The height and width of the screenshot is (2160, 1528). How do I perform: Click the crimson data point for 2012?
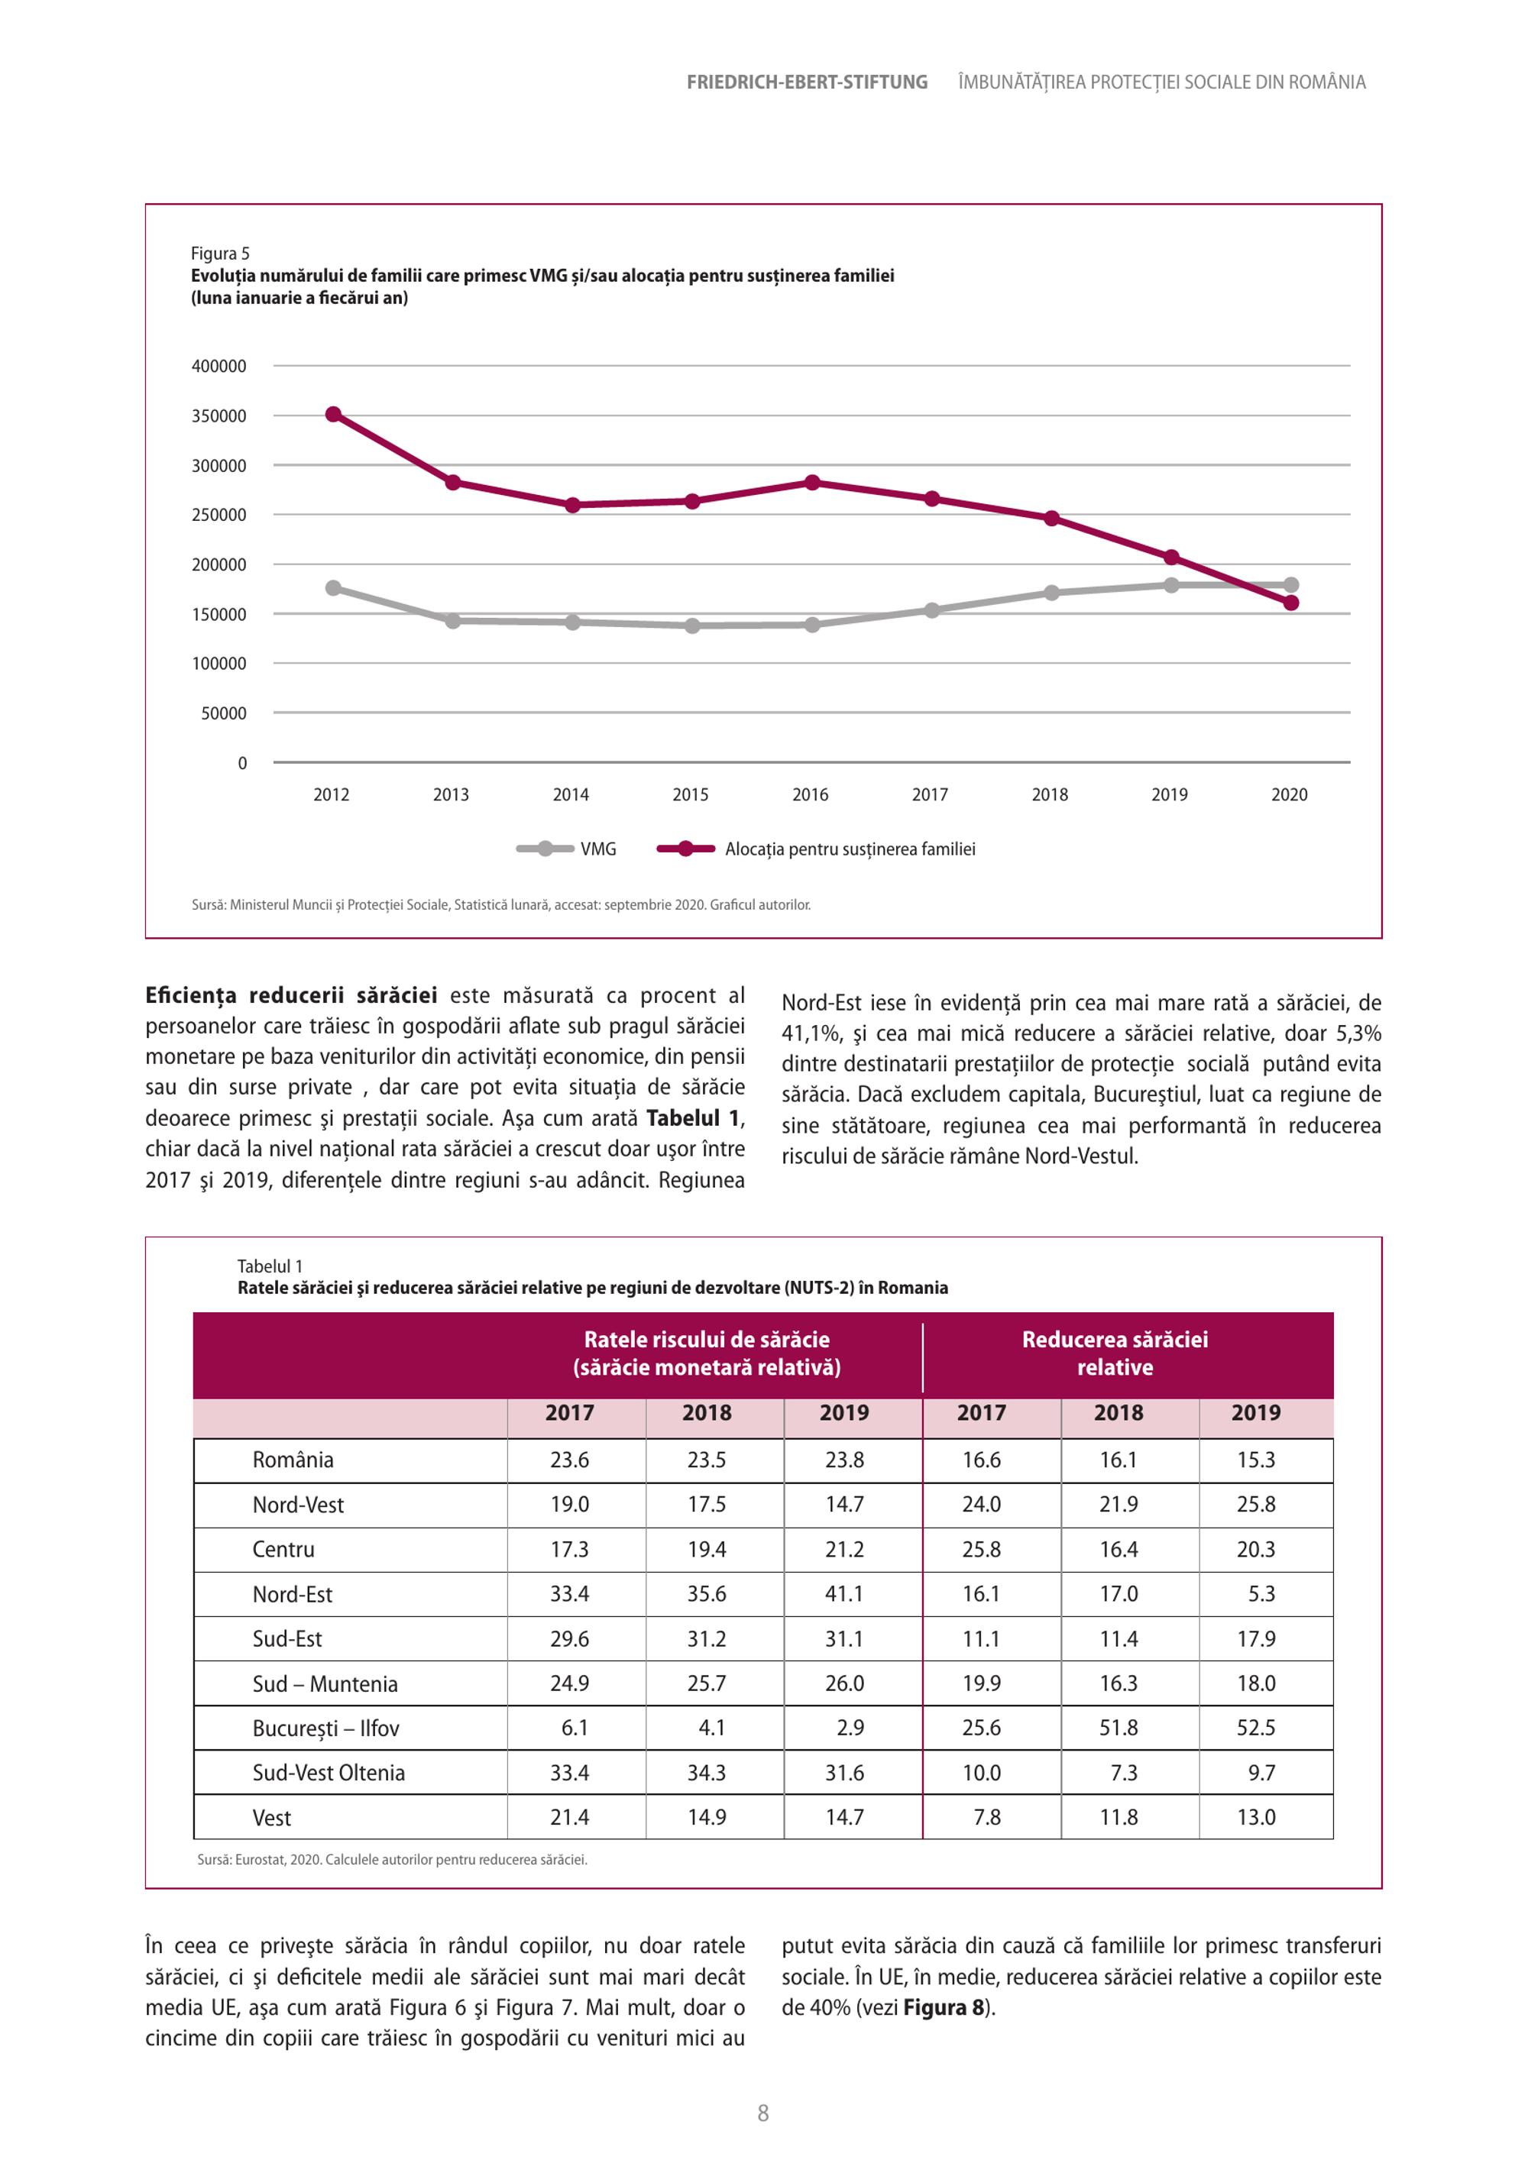[333, 414]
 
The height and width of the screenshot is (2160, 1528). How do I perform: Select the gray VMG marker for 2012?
[333, 588]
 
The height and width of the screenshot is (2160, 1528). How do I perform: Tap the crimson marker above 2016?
[812, 483]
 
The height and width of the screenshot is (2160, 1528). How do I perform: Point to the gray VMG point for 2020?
[1291, 585]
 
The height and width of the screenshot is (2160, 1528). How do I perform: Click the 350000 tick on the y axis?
[219, 416]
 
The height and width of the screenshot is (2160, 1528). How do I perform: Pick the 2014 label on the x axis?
[571, 795]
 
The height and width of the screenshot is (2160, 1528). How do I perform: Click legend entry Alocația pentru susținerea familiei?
[817, 849]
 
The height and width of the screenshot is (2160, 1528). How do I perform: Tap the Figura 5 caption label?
[220, 253]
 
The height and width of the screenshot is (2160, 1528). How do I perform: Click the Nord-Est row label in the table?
[293, 1594]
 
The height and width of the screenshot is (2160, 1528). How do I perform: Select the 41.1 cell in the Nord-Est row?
[844, 1594]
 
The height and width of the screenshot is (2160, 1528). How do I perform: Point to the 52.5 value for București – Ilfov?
[1256, 1727]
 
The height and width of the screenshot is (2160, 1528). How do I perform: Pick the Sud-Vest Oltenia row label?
[329, 1773]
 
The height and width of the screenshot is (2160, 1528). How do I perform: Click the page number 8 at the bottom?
[763, 2113]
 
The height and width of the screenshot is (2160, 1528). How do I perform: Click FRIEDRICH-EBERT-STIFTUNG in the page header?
[808, 82]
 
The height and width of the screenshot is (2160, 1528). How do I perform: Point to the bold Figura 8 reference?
[944, 2007]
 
